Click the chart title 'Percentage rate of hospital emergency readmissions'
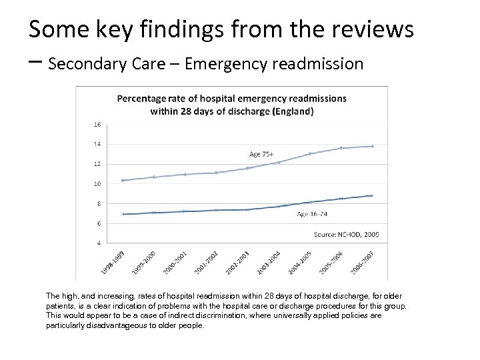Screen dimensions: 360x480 (232, 98)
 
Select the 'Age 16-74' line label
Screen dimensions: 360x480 (312, 213)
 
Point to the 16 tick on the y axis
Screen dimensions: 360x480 (97, 124)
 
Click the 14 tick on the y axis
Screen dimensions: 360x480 (97, 144)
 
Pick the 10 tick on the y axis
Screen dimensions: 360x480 (97, 184)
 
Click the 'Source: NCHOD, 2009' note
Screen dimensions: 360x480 (347, 234)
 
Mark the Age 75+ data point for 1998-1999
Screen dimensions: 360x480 (123, 181)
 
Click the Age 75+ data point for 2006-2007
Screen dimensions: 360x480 (372, 146)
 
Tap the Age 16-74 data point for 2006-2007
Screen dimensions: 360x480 (372, 195)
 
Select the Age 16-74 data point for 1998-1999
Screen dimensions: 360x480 (123, 214)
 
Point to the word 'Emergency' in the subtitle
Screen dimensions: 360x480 (226, 64)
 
